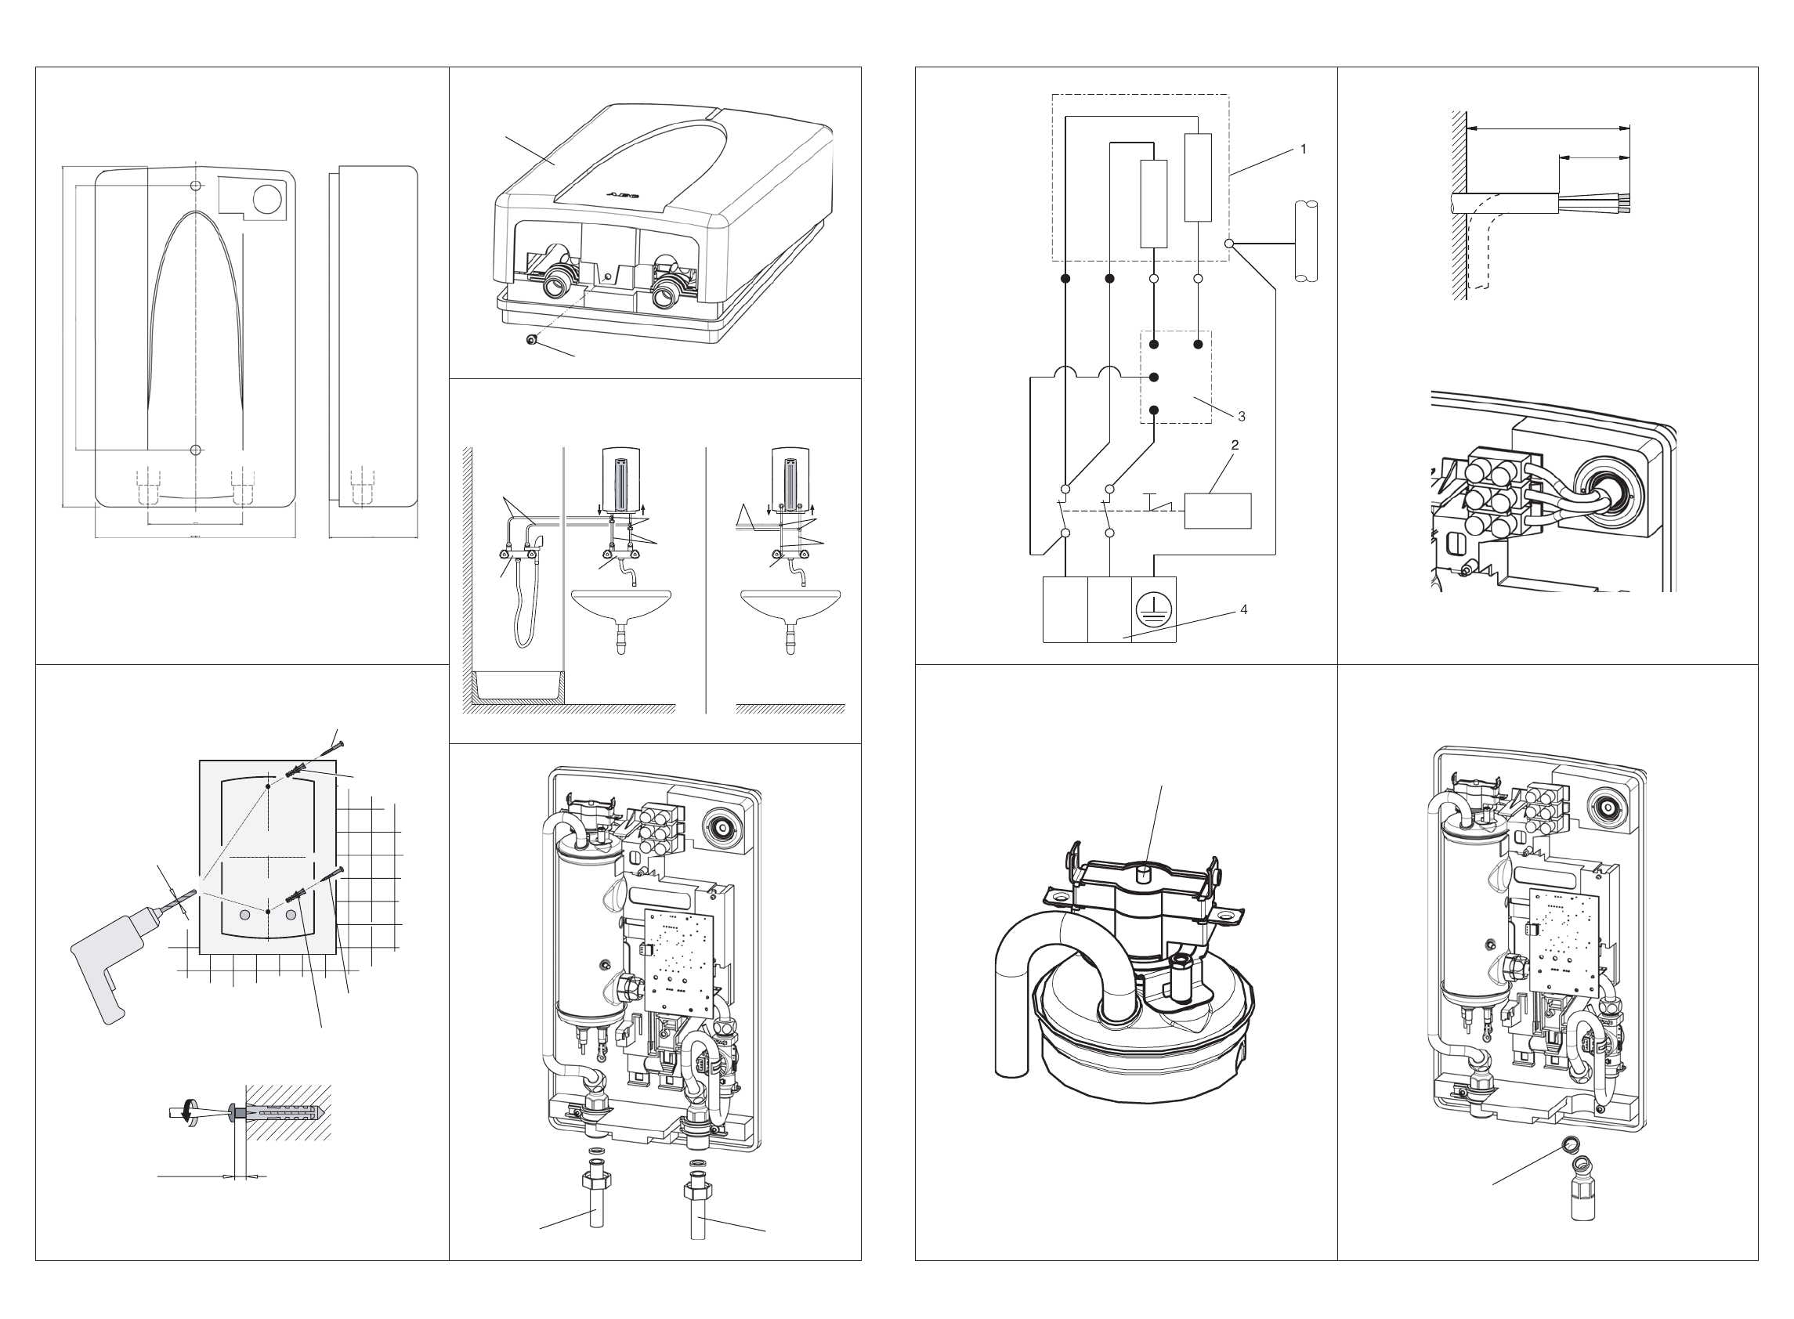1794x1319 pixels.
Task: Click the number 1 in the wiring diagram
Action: (1303, 150)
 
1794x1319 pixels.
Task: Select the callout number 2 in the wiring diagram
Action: (1235, 446)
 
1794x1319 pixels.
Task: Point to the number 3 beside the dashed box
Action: (1241, 416)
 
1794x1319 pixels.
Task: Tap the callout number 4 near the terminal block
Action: (1243, 610)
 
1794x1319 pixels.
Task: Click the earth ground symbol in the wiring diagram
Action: (1156, 609)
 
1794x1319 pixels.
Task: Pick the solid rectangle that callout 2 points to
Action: (1217, 511)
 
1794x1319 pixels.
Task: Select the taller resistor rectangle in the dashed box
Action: (1198, 177)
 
